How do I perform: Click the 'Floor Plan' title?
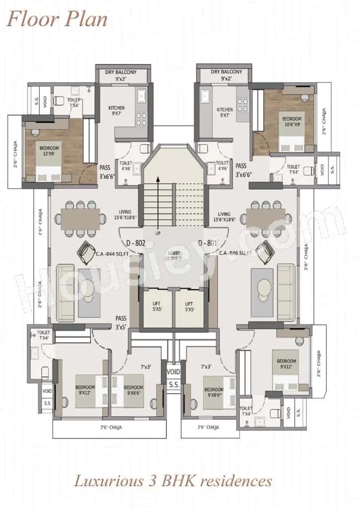click(57, 19)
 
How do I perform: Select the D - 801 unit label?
click(208, 243)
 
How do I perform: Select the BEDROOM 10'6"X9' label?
click(291, 122)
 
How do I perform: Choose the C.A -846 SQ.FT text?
click(236, 253)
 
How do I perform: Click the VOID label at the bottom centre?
click(173, 371)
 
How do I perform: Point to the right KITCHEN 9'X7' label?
click(224, 113)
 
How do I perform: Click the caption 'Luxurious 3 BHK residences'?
click(173, 481)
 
